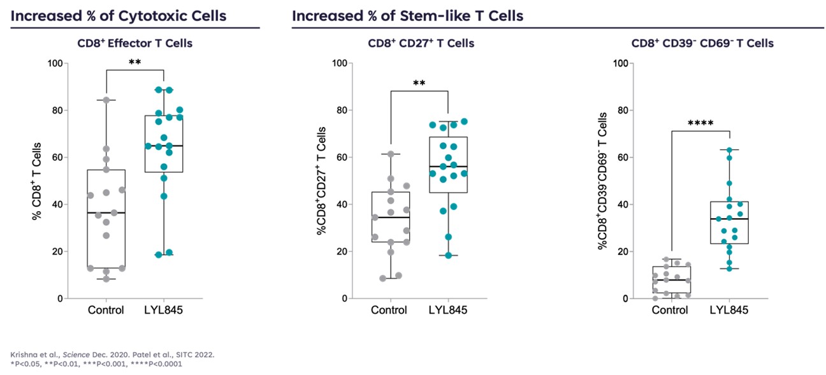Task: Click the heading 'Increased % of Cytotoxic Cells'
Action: click(118, 15)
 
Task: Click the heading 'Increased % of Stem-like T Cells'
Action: click(408, 15)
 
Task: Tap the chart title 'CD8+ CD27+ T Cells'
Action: click(421, 43)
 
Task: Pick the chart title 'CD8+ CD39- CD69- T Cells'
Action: click(702, 43)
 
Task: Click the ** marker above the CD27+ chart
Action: click(419, 84)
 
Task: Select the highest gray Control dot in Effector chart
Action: click(106, 100)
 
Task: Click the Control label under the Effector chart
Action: click(106, 311)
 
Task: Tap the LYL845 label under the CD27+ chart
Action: click(448, 311)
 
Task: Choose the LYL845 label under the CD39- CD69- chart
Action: click(729, 311)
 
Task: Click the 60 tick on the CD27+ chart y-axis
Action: click(340, 158)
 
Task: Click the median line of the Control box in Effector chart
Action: click(106, 212)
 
